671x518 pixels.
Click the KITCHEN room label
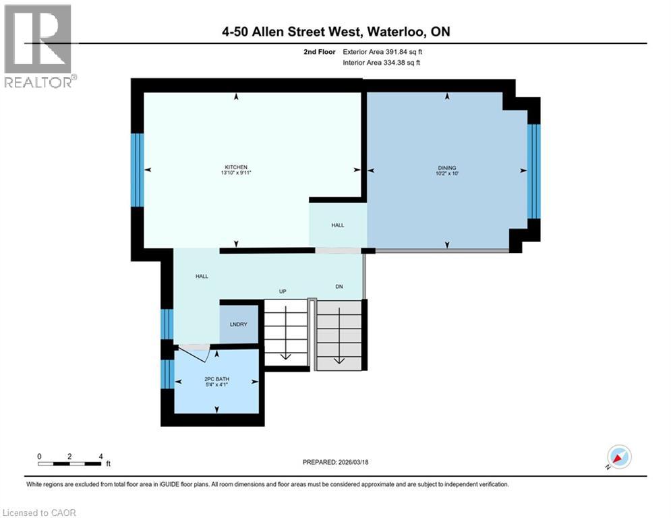coord(237,167)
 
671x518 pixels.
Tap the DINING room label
coord(447,167)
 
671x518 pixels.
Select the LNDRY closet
coord(238,324)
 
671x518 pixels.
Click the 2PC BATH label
coord(217,379)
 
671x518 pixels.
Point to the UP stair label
coord(284,291)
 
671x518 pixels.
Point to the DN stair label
coord(339,287)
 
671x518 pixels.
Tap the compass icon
coord(618,457)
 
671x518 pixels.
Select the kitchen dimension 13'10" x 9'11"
coord(237,173)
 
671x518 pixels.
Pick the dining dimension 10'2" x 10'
coord(447,173)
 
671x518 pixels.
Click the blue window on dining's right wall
coord(533,171)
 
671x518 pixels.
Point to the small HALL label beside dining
coord(337,225)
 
